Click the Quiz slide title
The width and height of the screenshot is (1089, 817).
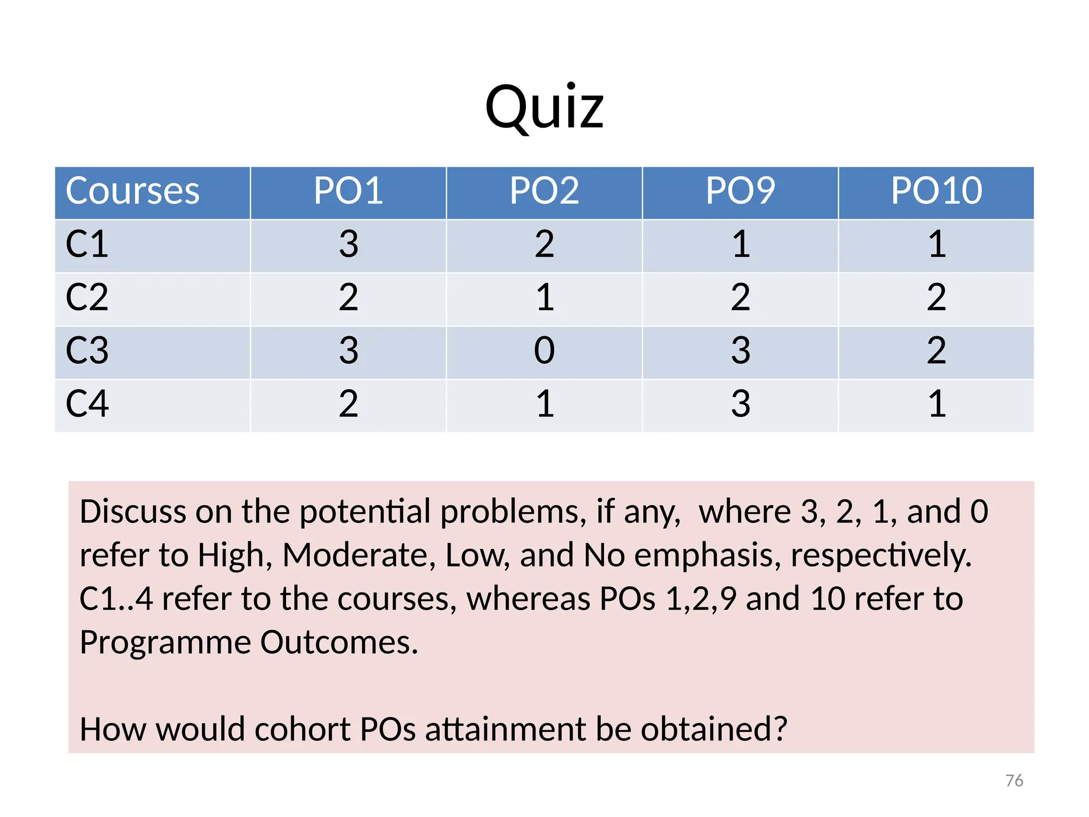(544, 107)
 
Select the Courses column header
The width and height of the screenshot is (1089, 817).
(132, 191)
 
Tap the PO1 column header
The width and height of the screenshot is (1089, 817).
(348, 191)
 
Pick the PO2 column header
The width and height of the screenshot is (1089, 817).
(544, 191)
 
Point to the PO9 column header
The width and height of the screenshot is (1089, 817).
(740, 191)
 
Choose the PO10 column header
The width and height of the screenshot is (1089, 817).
(936, 191)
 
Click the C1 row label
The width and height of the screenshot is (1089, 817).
(87, 245)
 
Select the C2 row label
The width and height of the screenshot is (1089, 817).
(87, 298)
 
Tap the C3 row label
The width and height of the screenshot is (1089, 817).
(87, 351)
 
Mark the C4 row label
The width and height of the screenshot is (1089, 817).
(87, 404)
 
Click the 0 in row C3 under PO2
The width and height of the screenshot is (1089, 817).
(544, 351)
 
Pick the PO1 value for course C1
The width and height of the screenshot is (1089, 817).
(348, 245)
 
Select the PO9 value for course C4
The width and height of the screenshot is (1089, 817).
(740, 404)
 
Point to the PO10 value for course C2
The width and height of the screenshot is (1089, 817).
(936, 298)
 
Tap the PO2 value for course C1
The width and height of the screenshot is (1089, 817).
(544, 245)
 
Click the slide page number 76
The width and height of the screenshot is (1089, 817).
(1014, 781)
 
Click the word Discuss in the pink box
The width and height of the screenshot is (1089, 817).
(132, 512)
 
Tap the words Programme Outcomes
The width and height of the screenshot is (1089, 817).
(249, 643)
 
